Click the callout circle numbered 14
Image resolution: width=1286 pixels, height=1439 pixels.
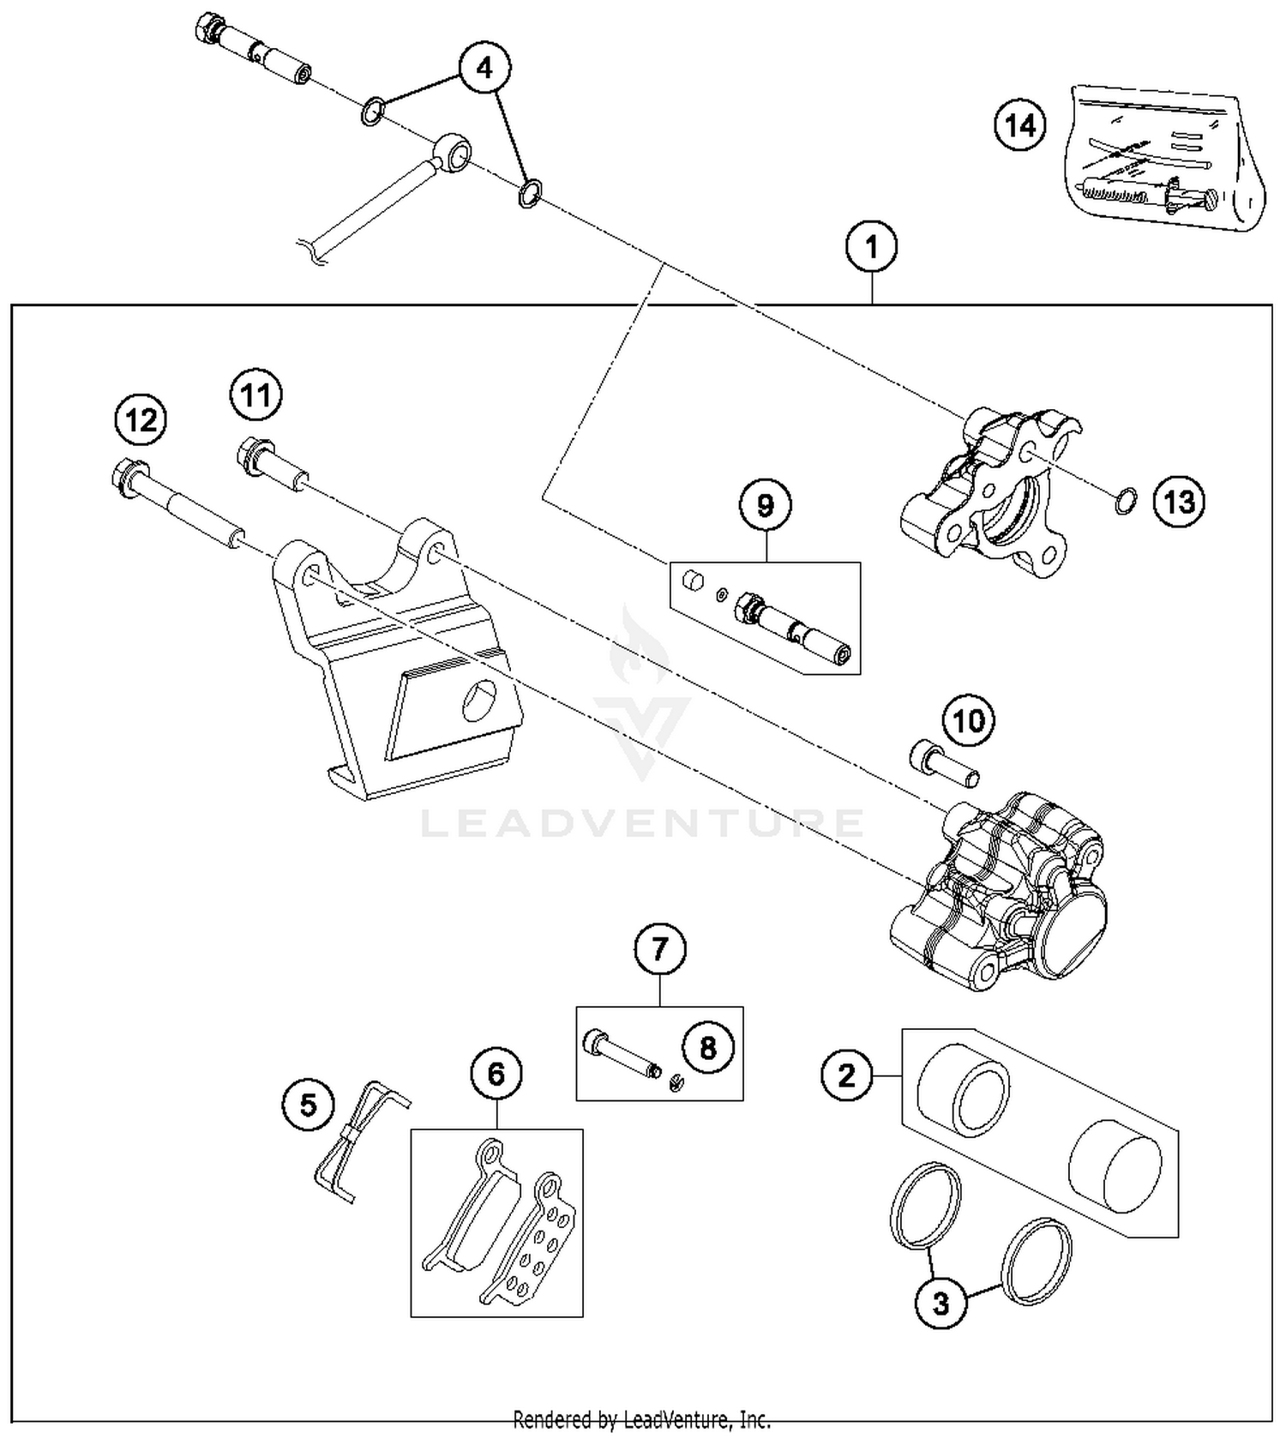(1020, 126)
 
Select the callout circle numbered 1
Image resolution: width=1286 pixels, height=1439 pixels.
(871, 248)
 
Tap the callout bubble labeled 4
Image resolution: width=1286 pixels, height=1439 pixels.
(484, 68)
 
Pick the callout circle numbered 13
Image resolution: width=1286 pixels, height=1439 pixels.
(1179, 502)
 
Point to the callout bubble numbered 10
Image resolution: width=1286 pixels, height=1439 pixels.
(969, 721)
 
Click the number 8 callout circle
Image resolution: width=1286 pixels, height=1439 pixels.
(707, 1047)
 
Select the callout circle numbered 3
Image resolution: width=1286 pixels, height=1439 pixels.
(941, 1304)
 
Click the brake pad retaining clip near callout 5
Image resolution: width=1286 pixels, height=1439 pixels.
(360, 1141)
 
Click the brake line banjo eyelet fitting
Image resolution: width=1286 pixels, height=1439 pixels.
(451, 153)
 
